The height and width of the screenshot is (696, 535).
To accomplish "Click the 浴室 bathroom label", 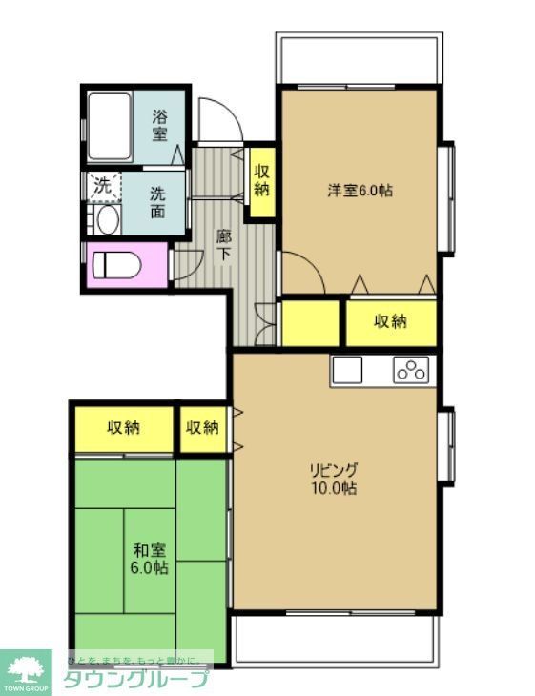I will [160, 127].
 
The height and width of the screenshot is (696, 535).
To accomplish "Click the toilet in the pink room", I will [118, 263].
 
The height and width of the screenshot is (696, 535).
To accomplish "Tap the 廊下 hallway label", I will [222, 245].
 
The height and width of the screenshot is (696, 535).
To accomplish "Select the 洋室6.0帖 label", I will [360, 190].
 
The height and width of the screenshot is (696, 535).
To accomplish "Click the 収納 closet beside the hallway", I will [261, 181].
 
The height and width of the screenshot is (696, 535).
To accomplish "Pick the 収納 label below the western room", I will [390, 322].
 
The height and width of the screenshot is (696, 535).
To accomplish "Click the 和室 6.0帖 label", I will [150, 559].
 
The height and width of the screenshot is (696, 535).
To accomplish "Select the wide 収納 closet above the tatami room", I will [124, 427].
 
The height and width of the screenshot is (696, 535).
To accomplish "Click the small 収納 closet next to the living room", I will [203, 427].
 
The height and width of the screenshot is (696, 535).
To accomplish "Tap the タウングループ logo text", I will [135, 679].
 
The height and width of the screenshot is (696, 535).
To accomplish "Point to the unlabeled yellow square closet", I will [311, 322].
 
